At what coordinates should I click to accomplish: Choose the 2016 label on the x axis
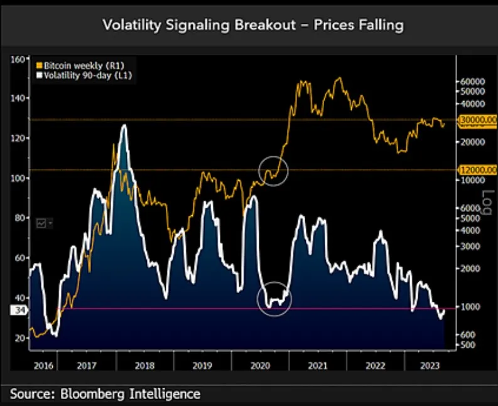(x=43, y=365)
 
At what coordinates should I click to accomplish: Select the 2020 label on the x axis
(x=260, y=365)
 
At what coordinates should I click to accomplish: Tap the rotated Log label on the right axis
(x=485, y=203)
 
